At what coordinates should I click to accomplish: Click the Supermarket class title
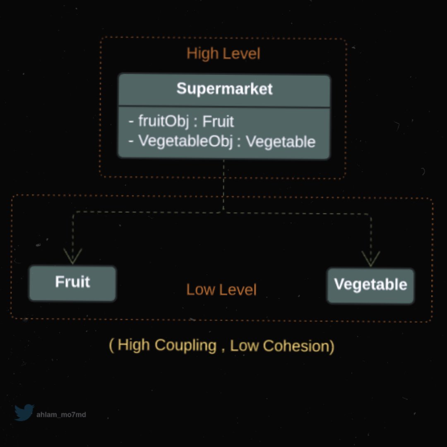click(x=224, y=89)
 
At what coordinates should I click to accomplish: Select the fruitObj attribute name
click(x=163, y=121)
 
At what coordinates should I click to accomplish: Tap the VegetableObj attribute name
click(x=185, y=142)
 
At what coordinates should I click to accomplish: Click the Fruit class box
click(x=72, y=283)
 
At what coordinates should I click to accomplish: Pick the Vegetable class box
click(x=370, y=286)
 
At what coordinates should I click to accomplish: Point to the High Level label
click(x=223, y=54)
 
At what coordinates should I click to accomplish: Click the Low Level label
click(x=221, y=290)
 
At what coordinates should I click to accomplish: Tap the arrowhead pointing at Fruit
click(x=73, y=257)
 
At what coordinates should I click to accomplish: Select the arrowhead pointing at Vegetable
click(x=371, y=259)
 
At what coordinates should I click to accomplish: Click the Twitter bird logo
click(x=24, y=413)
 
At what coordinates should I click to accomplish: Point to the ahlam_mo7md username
click(x=61, y=414)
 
